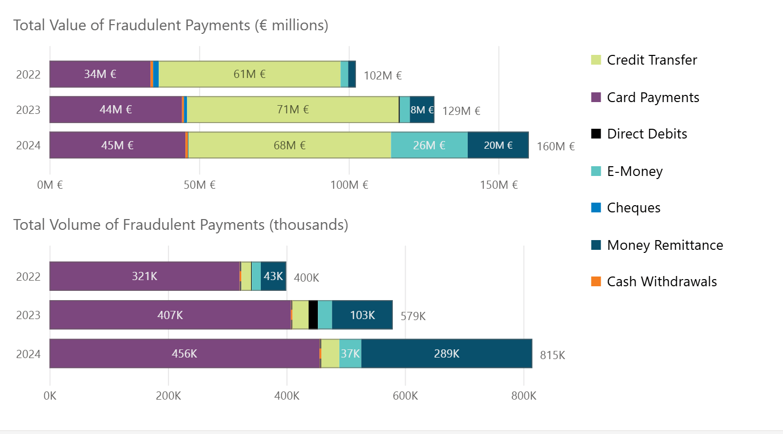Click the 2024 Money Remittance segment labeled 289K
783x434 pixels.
[x=446, y=353]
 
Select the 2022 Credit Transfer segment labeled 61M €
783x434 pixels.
[x=250, y=74]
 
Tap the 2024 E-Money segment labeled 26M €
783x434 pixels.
[x=429, y=145]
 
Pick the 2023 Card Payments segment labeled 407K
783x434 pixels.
[x=170, y=315]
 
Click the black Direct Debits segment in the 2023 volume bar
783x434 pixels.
[x=313, y=315]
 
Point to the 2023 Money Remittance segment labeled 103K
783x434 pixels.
[x=362, y=315]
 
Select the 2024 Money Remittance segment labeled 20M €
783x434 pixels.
[x=498, y=145]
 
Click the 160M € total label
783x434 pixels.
[x=556, y=147]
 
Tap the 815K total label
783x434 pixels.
[x=552, y=355]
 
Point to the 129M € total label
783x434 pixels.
[x=461, y=111]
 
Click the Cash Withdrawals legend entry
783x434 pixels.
[x=661, y=282]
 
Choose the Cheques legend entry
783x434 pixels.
[x=633, y=208]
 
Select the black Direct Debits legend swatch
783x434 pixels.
[x=596, y=134]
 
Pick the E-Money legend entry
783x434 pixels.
[x=634, y=171]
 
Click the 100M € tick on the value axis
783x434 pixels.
[x=349, y=185]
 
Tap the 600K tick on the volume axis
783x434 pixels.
[x=405, y=396]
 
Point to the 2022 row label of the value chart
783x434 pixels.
[x=28, y=75]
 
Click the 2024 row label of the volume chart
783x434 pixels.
[x=28, y=354]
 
